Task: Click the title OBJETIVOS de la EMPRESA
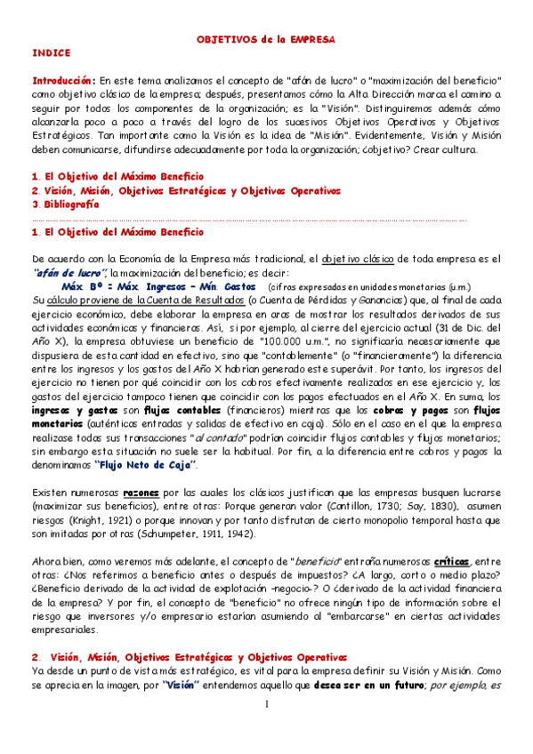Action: [265, 40]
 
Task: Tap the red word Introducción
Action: [62, 79]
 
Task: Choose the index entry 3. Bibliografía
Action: [64, 204]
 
